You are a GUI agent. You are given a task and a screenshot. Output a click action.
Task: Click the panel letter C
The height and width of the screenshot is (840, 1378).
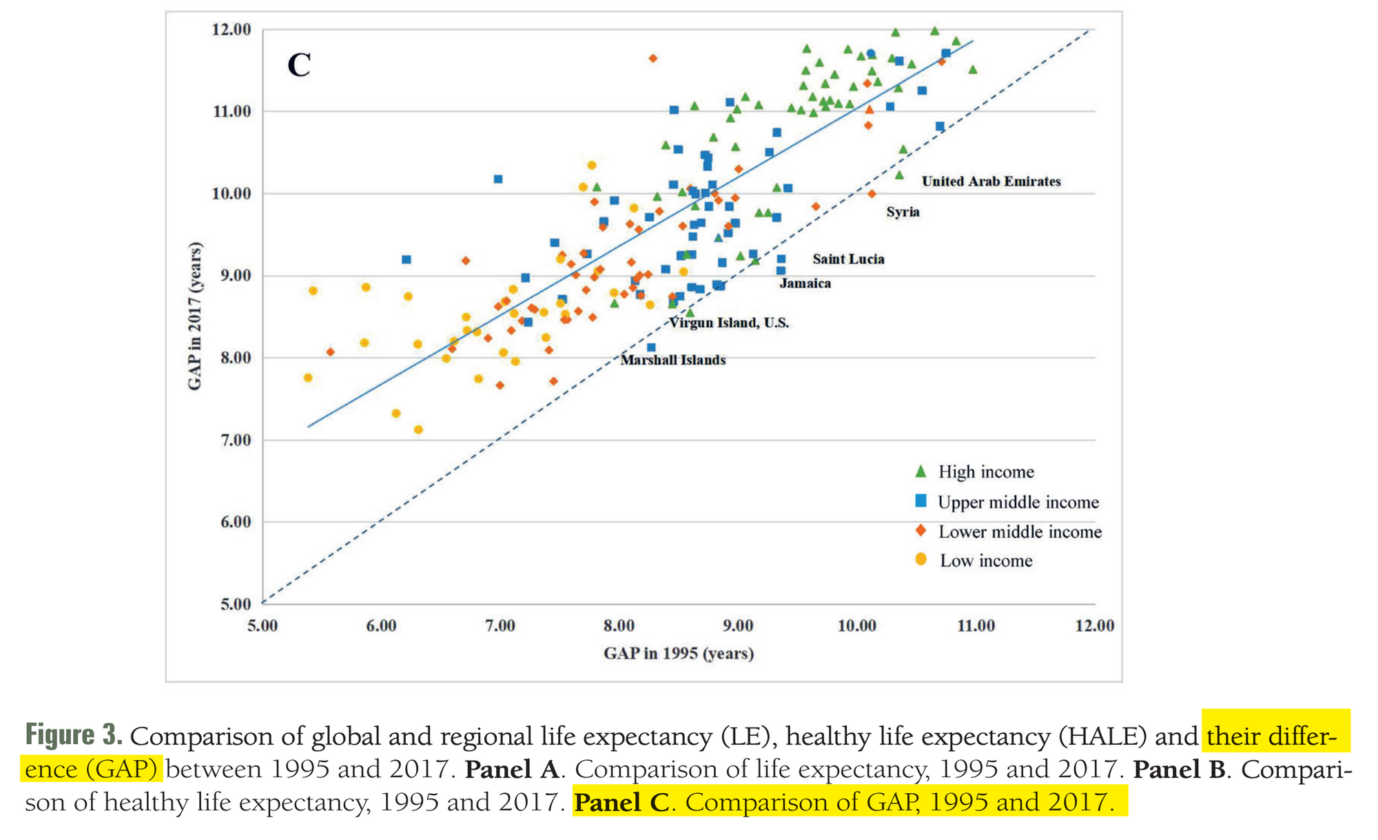(x=299, y=65)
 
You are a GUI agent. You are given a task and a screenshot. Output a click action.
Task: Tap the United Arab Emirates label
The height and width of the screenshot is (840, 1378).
(x=991, y=181)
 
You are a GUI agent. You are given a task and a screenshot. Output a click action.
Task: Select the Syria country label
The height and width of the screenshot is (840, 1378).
(x=903, y=212)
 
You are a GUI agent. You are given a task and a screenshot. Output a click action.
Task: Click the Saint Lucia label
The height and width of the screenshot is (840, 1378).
(x=848, y=259)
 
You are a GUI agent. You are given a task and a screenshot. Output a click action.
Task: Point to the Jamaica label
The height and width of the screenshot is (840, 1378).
(x=805, y=283)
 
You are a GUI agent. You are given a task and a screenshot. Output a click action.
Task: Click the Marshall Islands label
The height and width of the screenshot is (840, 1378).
(x=672, y=360)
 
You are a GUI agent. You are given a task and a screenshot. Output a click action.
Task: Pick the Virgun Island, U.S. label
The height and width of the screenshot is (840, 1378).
(x=729, y=322)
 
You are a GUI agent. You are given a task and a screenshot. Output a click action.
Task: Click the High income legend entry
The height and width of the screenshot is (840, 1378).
(x=985, y=472)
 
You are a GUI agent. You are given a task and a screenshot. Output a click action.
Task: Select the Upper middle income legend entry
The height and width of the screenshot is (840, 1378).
(x=1018, y=502)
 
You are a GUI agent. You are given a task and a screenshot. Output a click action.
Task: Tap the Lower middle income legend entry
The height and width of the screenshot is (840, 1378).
(x=1020, y=532)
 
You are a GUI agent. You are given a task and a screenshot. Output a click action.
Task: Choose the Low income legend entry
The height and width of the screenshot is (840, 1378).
(x=985, y=561)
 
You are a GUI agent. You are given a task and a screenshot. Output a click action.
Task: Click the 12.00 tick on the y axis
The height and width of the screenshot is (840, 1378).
(x=232, y=30)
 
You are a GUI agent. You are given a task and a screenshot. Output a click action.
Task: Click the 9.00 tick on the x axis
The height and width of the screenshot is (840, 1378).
(x=738, y=626)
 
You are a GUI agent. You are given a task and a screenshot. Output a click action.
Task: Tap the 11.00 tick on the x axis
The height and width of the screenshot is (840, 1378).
(x=976, y=626)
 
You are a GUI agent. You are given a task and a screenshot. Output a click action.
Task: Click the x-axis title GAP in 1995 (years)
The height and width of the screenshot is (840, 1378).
(x=679, y=653)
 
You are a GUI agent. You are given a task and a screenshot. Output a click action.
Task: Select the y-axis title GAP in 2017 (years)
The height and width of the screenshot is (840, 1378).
(x=195, y=316)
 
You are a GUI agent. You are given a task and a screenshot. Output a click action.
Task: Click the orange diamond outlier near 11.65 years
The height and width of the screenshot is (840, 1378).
(x=653, y=59)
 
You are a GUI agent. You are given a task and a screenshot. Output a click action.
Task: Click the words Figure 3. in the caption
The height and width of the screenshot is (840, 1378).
(x=74, y=735)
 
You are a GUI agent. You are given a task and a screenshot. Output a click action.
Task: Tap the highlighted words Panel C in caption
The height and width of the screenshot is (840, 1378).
(x=621, y=802)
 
